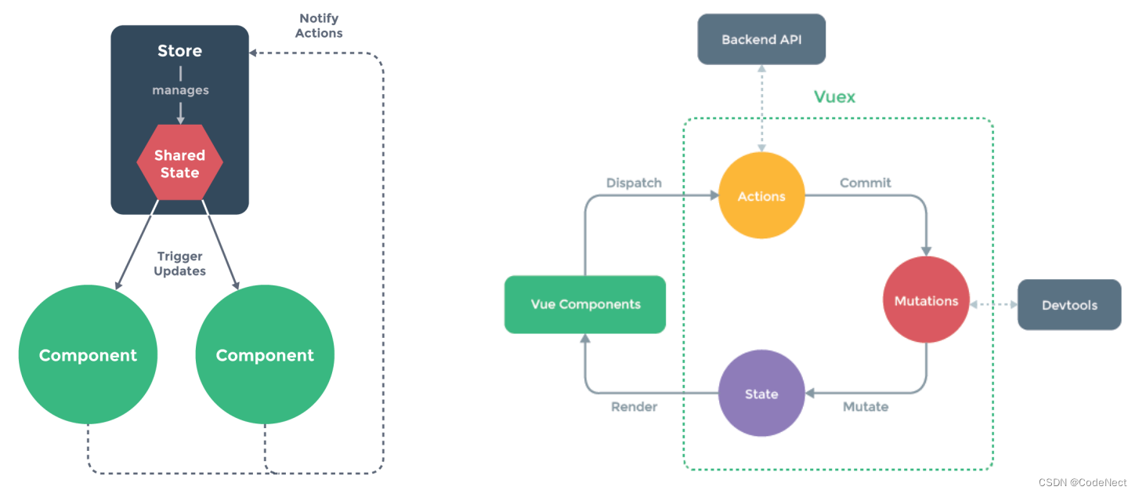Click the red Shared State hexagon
click(x=179, y=163)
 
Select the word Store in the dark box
click(x=179, y=51)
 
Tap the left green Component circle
click(x=88, y=355)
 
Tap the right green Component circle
click(x=265, y=355)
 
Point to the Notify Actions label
click(x=319, y=26)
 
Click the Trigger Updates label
click(x=179, y=263)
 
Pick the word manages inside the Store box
click(x=180, y=90)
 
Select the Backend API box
click(x=761, y=39)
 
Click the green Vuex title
click(x=834, y=97)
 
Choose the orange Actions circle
click(x=761, y=196)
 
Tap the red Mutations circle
click(x=926, y=301)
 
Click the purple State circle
click(x=761, y=394)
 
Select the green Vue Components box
click(x=585, y=304)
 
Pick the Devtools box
click(x=1069, y=305)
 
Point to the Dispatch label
click(x=634, y=183)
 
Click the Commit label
click(x=865, y=183)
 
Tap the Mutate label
click(x=865, y=407)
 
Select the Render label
click(x=634, y=407)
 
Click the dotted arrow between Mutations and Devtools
click(x=993, y=304)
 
